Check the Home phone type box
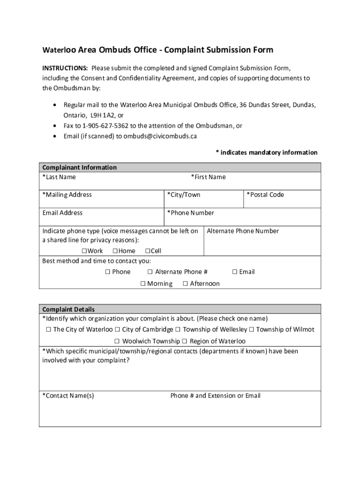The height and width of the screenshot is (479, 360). (115, 251)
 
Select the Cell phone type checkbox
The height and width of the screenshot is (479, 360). (148, 251)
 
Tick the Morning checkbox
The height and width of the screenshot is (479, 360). (143, 284)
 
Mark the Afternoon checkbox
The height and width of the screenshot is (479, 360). (185, 284)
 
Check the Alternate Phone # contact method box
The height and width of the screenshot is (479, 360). (150, 272)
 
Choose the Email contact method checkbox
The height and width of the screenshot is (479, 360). (235, 272)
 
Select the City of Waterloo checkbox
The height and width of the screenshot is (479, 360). (49, 329)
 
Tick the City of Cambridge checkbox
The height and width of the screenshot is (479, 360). (117, 329)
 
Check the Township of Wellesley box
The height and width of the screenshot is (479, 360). (178, 329)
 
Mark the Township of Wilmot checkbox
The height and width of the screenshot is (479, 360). (252, 329)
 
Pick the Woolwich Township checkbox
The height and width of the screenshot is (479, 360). (117, 341)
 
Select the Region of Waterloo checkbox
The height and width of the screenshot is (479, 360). (185, 341)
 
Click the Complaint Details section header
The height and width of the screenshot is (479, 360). (69, 309)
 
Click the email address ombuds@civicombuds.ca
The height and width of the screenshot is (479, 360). (160, 137)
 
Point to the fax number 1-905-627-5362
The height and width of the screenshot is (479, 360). (106, 126)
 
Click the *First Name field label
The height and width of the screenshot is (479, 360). (208, 177)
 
